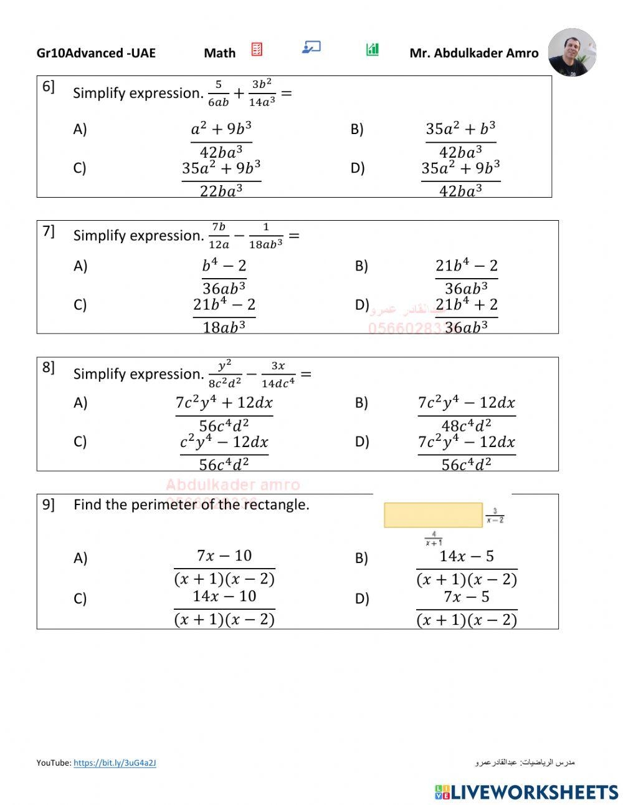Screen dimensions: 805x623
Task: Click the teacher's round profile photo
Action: point(572,52)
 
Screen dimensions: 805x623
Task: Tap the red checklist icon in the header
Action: point(257,49)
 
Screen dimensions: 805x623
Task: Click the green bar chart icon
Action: point(373,49)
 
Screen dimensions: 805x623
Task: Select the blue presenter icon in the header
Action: point(311,47)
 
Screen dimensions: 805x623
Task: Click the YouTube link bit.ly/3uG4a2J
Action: point(115,763)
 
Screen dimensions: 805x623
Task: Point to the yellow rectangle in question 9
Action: point(433,515)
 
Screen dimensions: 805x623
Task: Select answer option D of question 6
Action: point(460,179)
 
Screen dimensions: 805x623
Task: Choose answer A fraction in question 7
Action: point(224,277)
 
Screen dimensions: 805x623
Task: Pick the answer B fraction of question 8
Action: point(467,414)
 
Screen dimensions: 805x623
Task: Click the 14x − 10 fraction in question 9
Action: point(224,607)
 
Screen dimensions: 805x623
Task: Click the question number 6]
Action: point(49,87)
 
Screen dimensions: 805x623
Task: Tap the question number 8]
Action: point(49,367)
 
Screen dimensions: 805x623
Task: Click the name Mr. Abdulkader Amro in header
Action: point(473,53)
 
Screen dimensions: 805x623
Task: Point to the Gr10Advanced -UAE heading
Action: point(96,53)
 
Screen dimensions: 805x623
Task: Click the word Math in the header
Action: point(219,53)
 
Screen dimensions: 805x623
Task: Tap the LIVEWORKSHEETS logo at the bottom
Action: point(526,792)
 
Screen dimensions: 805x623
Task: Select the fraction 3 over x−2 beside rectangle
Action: point(495,515)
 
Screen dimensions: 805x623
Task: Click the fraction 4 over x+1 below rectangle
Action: point(434,538)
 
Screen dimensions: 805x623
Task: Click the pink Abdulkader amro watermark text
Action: point(232,484)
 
